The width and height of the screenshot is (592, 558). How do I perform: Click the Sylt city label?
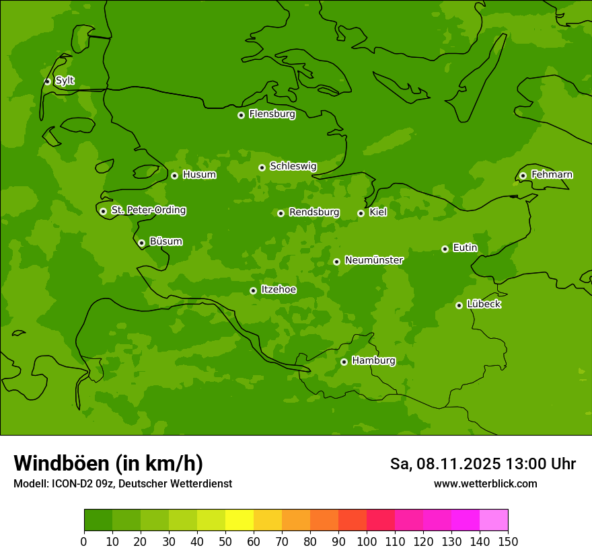point(65,81)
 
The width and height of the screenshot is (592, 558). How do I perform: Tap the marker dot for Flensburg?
point(241,115)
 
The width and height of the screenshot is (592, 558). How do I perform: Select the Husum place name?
point(199,175)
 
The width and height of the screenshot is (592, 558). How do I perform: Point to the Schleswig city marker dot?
point(262,167)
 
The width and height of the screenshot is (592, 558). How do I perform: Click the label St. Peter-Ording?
point(148,210)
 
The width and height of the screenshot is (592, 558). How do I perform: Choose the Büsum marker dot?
point(141,243)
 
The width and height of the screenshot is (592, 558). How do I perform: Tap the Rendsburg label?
point(314,212)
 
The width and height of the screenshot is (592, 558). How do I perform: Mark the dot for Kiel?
point(361,213)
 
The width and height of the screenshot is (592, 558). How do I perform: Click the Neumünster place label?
point(374,260)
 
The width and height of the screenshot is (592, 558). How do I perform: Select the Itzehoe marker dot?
point(253,290)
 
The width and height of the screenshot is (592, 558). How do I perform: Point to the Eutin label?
point(465,248)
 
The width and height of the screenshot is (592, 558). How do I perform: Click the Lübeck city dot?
point(459,305)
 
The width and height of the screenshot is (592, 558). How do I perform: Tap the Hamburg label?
point(373,361)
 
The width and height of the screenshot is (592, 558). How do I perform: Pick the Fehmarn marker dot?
point(523,175)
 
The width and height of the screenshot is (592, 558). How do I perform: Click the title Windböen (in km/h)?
point(108,463)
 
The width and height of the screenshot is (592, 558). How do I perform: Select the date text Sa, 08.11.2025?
point(445,464)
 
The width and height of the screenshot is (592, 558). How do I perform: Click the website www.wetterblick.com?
point(485,483)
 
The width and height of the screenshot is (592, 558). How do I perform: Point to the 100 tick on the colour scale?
point(367,541)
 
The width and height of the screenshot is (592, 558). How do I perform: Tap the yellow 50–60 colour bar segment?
point(239,520)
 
